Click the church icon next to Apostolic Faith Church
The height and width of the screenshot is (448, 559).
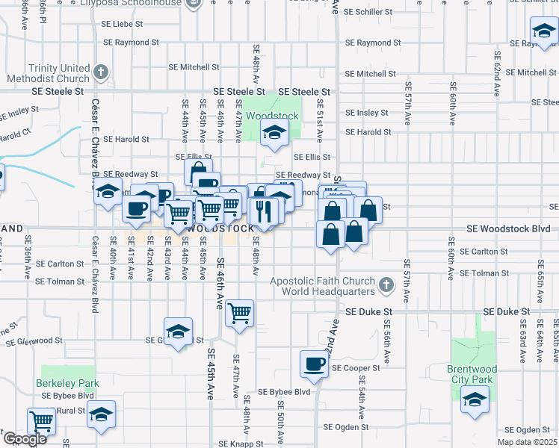coord(386,284)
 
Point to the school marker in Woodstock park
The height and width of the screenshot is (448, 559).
coord(274,134)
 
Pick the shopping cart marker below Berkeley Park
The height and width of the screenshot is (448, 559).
coord(42,421)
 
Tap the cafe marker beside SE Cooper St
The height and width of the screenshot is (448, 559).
coord(314,364)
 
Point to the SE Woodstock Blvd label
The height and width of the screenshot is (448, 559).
coord(507,228)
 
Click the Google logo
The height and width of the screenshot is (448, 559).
coord(25,439)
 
